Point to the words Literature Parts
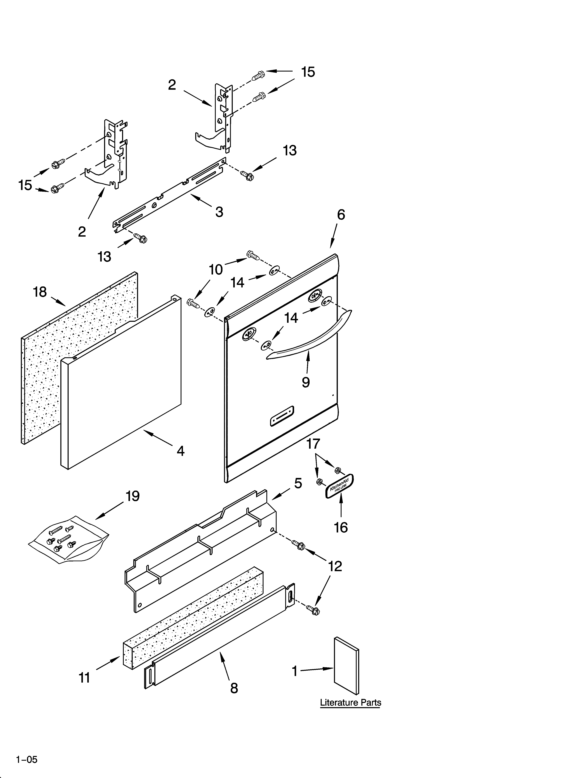coord(350,703)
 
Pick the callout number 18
coord(40,292)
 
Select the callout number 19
coord(132,496)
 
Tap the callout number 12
coord(335,566)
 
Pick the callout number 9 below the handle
coord(306,382)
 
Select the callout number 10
coord(216,270)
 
